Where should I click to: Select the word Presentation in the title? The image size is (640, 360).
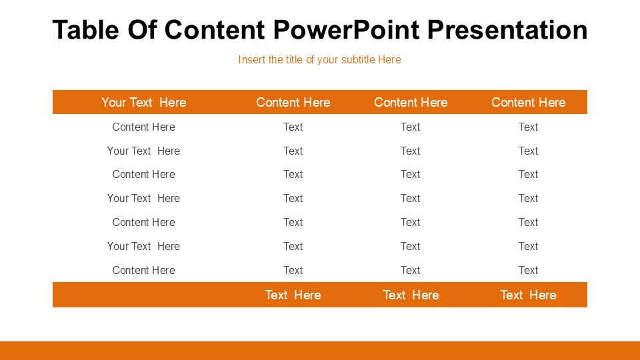(x=507, y=30)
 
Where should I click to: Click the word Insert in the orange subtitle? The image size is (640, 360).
(x=251, y=60)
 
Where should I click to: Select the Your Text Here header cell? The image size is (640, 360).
(x=144, y=102)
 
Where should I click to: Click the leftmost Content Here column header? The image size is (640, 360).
(x=293, y=102)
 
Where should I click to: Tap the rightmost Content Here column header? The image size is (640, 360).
(x=528, y=102)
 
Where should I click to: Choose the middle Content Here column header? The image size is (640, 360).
(x=411, y=102)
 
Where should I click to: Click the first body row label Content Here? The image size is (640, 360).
(x=144, y=127)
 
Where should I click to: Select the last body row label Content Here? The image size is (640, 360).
(x=144, y=270)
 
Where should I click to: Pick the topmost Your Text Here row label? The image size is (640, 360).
(x=144, y=151)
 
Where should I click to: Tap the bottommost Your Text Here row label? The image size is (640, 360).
(x=144, y=246)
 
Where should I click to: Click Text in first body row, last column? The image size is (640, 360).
(x=528, y=127)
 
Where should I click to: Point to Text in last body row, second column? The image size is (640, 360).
(x=293, y=270)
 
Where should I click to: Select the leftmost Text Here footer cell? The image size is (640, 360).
(x=293, y=295)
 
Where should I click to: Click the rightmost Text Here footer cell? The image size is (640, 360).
(x=528, y=295)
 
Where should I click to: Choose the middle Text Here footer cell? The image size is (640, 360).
(x=411, y=295)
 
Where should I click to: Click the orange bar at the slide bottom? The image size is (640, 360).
(x=320, y=351)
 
